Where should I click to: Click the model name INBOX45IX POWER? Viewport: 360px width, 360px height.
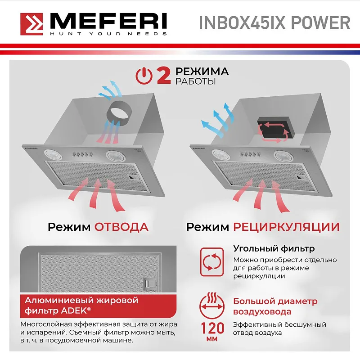(x=274, y=22)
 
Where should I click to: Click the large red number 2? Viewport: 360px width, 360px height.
(x=163, y=76)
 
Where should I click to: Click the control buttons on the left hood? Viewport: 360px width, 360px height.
(x=81, y=154)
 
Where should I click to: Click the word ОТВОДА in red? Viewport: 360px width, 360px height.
(x=121, y=227)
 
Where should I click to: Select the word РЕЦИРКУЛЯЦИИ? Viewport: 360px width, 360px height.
(x=286, y=227)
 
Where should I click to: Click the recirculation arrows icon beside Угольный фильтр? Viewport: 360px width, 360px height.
(x=211, y=261)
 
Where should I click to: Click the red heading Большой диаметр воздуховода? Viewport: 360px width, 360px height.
(x=275, y=306)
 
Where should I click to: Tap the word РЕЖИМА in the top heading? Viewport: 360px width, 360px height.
(x=202, y=72)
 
